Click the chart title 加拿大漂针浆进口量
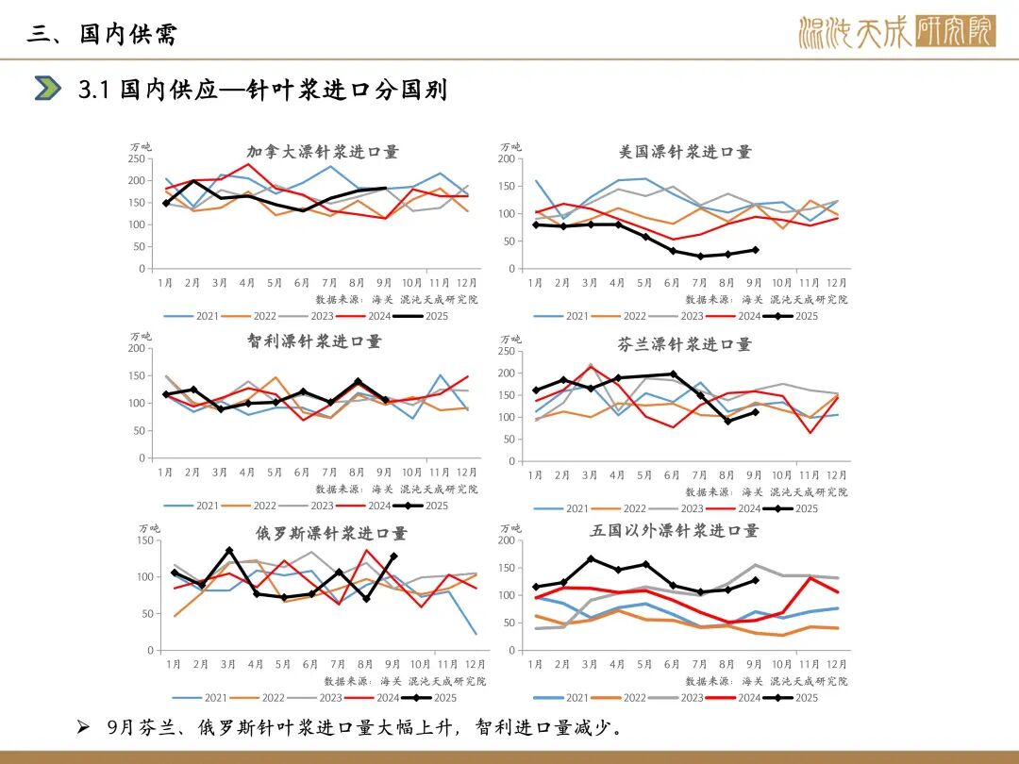pyautogui.click(x=323, y=152)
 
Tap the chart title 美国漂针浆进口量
pyautogui.click(x=685, y=152)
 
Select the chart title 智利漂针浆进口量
pyautogui.click(x=314, y=341)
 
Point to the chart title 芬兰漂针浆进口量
pyautogui.click(x=685, y=344)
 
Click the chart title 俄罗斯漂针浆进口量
pyautogui.click(x=331, y=533)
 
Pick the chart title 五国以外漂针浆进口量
pyautogui.click(x=675, y=531)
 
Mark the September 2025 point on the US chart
pyautogui.click(x=755, y=250)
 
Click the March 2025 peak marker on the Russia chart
pyautogui.click(x=229, y=550)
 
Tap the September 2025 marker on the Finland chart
pyautogui.click(x=755, y=412)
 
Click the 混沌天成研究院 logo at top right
pyautogui.click(x=896, y=31)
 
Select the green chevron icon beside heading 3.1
pyautogui.click(x=47, y=89)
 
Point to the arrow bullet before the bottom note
pyautogui.click(x=82, y=727)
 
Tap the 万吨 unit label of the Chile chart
pyautogui.click(x=141, y=337)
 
